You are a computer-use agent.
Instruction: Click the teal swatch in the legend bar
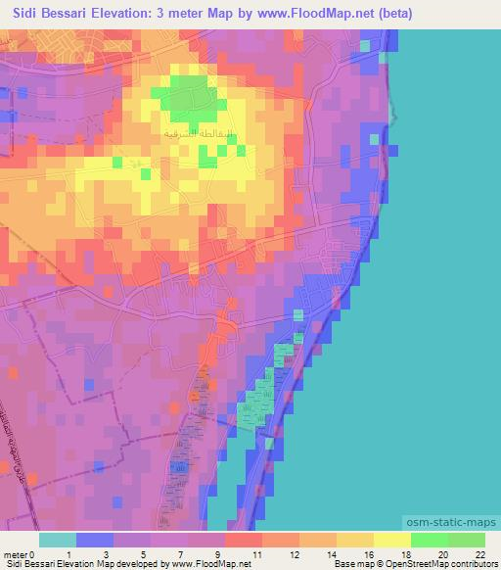tap(58, 540)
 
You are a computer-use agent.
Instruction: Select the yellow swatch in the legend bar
tap(392, 540)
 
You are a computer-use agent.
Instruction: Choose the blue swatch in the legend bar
tap(95, 540)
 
